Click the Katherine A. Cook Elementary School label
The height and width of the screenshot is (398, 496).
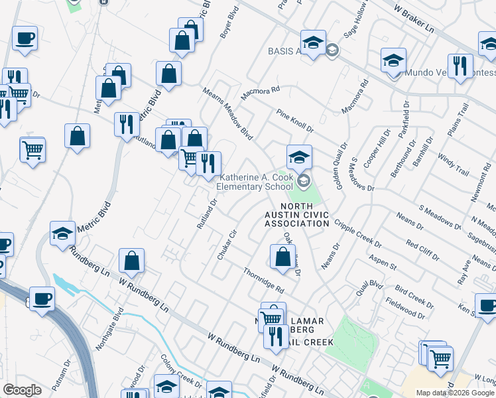click(x=256, y=182)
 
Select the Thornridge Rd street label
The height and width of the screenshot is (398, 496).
click(x=263, y=281)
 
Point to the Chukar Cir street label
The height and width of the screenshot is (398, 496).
click(x=226, y=245)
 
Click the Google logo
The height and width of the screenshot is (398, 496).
click(x=22, y=390)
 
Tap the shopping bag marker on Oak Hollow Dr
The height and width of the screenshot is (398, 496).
click(x=282, y=257)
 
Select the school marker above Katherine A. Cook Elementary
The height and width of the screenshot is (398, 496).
click(x=299, y=157)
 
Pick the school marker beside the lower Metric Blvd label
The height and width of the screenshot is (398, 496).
click(x=62, y=233)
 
